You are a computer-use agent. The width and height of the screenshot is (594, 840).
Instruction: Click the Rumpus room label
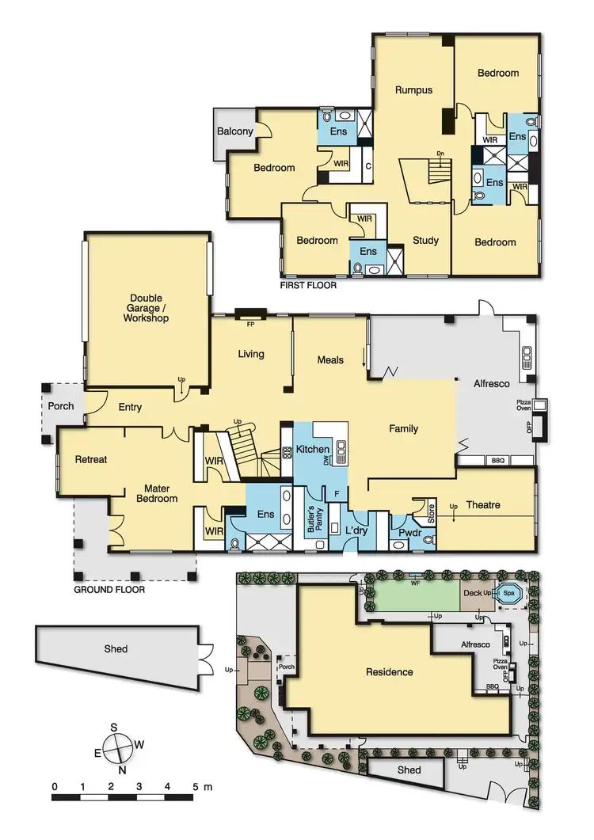[413, 90]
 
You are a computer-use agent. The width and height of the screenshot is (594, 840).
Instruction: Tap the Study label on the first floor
[425, 241]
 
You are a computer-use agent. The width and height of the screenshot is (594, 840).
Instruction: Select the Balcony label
[235, 131]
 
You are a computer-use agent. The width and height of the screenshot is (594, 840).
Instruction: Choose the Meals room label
[330, 359]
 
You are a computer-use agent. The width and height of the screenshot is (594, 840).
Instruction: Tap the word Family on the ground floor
[403, 429]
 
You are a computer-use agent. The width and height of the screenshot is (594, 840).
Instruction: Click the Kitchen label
[313, 450]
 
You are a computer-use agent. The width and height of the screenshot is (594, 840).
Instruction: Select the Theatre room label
[483, 505]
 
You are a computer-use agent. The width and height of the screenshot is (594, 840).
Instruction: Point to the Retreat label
[91, 459]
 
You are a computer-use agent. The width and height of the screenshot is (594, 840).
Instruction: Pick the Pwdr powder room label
[409, 533]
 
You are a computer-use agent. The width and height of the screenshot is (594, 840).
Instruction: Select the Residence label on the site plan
[389, 672]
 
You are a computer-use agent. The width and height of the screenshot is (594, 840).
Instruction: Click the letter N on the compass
[121, 769]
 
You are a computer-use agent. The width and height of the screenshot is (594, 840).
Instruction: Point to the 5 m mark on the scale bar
[195, 787]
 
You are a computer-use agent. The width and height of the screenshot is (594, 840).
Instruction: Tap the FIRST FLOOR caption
[308, 284]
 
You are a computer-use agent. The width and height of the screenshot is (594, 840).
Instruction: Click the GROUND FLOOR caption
[109, 590]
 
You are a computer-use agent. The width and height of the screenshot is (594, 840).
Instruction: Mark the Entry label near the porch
[130, 408]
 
